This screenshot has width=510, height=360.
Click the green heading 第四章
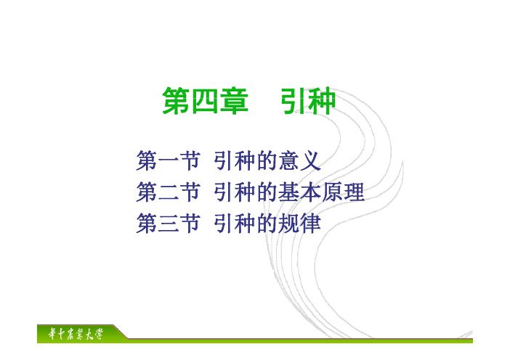click(x=206, y=101)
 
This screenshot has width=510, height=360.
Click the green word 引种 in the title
click(x=308, y=101)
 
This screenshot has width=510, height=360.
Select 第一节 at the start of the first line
click(x=168, y=160)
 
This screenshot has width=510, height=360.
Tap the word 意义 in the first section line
click(x=299, y=160)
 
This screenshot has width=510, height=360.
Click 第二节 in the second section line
click(x=168, y=192)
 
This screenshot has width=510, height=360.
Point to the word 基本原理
click(x=321, y=192)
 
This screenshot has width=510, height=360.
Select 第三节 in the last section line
click(x=168, y=223)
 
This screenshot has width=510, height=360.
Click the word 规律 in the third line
click(x=299, y=223)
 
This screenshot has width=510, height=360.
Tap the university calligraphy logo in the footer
click(x=76, y=334)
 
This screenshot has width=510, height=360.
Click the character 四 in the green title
click(x=206, y=101)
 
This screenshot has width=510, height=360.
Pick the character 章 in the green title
click(x=235, y=101)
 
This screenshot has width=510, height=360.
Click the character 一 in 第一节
click(x=168, y=161)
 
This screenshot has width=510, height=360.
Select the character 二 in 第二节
click(x=168, y=192)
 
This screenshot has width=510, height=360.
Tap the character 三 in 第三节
click(x=168, y=224)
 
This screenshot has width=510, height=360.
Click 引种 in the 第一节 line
click(x=235, y=160)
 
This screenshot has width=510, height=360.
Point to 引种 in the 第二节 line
click(x=235, y=192)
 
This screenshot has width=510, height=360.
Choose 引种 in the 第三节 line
click(x=235, y=223)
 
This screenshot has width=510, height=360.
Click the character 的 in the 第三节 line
click(x=267, y=223)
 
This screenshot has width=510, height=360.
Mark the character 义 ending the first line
click(x=311, y=160)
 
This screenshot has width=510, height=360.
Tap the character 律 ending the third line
click(x=311, y=223)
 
